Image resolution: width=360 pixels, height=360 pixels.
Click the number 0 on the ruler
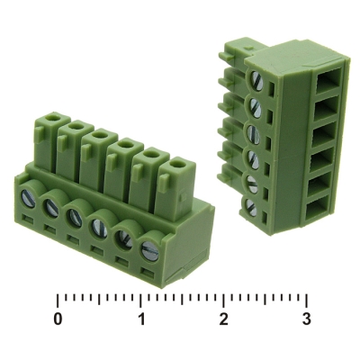coord(58,319)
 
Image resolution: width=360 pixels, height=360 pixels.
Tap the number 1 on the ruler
coord(141,319)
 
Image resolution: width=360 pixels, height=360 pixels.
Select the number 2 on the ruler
coord(223,319)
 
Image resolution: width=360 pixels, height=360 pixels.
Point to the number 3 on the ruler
coord(306,319)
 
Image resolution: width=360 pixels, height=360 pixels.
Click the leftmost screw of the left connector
coord(29,198)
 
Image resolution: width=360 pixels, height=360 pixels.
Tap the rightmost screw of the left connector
coord(149,250)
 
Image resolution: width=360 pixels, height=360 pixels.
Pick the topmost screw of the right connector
coord(257,81)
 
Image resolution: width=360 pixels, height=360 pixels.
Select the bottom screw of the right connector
coord(251,207)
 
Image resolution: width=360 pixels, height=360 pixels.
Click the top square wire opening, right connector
coord(329,79)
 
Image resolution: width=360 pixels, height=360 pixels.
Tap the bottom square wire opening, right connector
coord(317,211)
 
